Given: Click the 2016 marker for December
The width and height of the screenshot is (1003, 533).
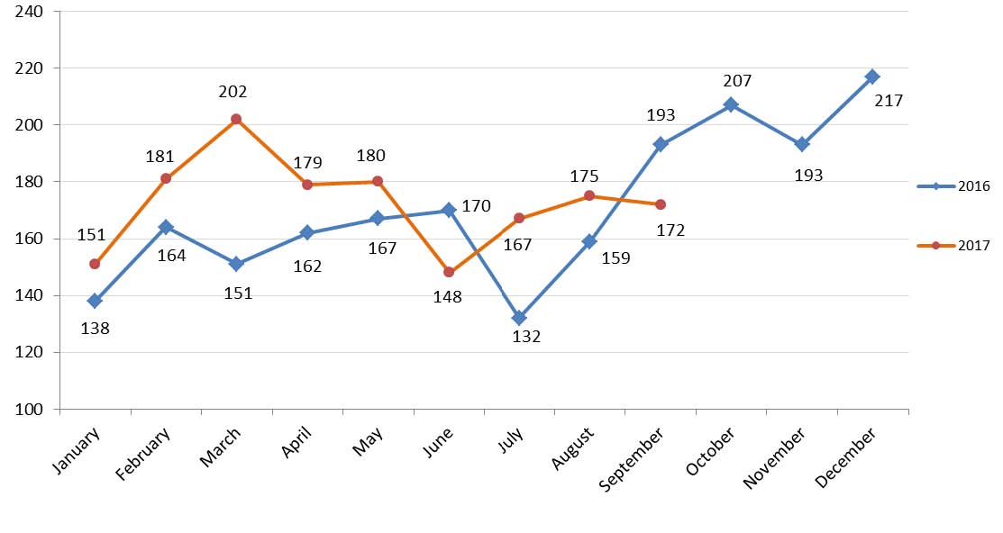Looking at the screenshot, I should pos(872,77).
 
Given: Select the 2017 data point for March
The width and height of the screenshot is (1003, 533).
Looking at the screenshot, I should pos(236,119).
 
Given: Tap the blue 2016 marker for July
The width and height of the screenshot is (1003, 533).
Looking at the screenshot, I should pos(519,318).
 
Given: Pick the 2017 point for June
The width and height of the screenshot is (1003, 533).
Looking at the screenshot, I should pos(449,272).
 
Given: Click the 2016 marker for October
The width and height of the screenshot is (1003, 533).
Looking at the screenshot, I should pos(731,104).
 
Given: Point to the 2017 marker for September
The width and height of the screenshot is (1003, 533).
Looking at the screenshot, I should pos(661,204).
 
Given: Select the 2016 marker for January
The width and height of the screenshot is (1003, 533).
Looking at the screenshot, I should pos(95,301).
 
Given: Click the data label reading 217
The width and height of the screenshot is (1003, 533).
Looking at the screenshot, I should pos(889,101).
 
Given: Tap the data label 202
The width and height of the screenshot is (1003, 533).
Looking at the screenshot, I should pos(233,92).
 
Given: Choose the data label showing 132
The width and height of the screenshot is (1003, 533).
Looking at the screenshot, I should pos(526,338).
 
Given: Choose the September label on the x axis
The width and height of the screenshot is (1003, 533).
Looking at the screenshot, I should pos(633,459).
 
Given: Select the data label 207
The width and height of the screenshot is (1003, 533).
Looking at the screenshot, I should pos(737,81).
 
